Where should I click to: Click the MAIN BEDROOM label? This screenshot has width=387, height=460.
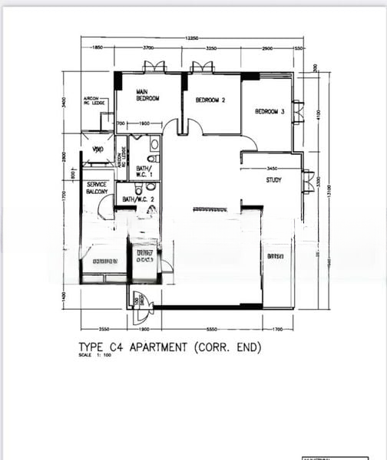click(x=147, y=95)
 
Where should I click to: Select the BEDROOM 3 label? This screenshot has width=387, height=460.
click(x=270, y=112)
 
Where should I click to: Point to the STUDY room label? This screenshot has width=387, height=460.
click(x=274, y=180)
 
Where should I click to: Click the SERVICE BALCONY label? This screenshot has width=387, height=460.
click(x=97, y=188)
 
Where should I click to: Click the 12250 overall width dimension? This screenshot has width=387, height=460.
click(x=192, y=38)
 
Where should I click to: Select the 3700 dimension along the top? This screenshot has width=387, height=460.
click(x=148, y=48)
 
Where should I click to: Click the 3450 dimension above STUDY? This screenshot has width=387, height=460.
click(x=271, y=168)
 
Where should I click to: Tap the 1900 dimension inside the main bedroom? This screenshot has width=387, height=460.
click(x=144, y=124)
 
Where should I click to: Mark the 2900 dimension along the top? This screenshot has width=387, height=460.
click(x=266, y=48)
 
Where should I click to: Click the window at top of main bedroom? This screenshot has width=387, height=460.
click(x=154, y=67)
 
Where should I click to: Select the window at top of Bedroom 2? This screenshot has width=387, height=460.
click(x=203, y=67)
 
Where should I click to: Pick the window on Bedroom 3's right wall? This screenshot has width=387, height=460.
click(x=298, y=111)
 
